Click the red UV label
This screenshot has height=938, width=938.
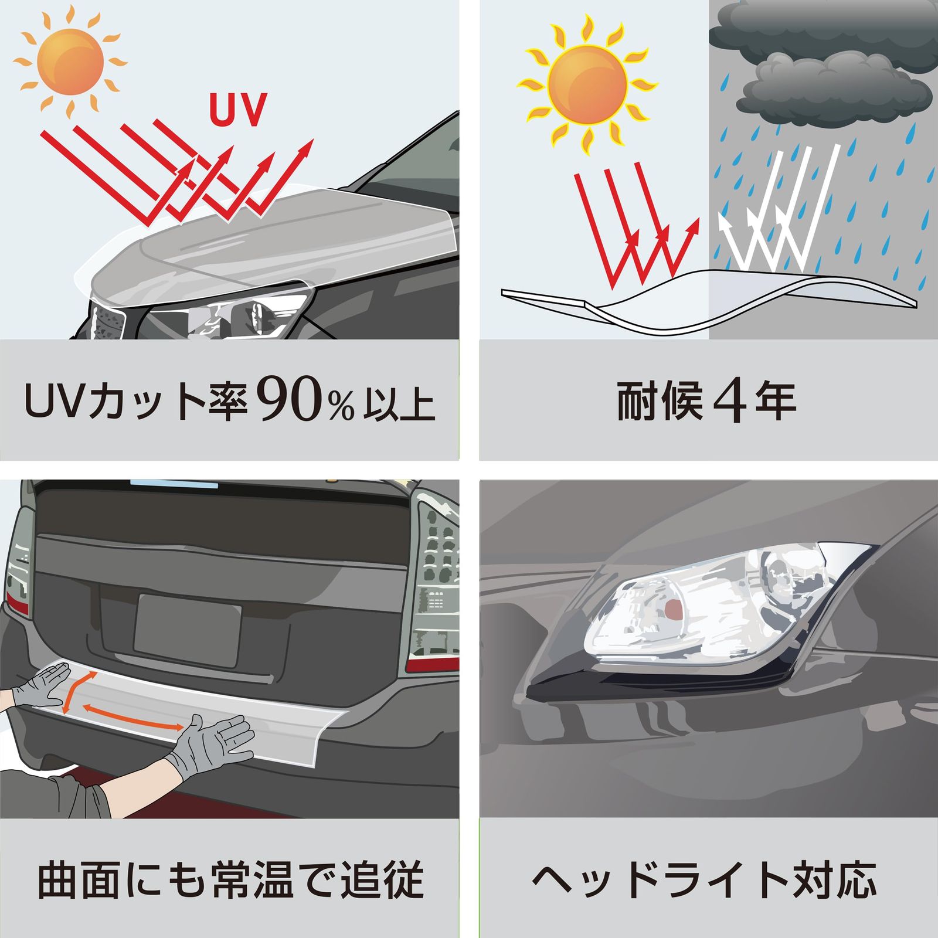click(x=238, y=110)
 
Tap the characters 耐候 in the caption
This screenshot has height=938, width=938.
click(x=659, y=402)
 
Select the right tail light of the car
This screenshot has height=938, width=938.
click(x=435, y=580)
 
